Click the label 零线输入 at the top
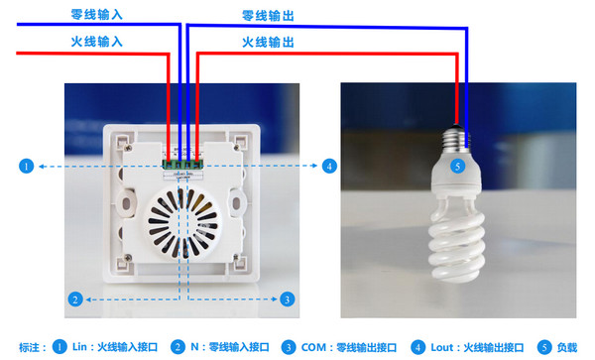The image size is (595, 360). coord(97,15)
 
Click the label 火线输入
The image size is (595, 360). coord(97,41)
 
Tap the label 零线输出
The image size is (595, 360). coord(268,16)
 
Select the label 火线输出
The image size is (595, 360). coord(268,42)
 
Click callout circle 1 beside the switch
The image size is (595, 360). coord(26,167)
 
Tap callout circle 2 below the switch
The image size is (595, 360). coord(75,300)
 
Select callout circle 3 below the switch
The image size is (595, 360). coord(288,300)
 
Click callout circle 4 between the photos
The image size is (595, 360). coord(329,166)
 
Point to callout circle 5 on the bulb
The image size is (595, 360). coord(457,166)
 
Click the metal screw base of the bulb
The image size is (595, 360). coord(456,140)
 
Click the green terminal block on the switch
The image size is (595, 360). coord(182,165)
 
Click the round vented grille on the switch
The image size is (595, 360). coord(182,223)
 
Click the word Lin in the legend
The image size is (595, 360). coord(79,347)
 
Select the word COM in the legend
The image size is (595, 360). coord(313,347)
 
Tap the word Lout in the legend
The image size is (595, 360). coord(442,347)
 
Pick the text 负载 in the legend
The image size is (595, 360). coord(567,347)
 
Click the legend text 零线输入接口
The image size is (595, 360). coord(239,347)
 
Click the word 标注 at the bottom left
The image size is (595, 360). coord(29,347)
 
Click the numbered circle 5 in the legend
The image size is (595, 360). coord(544,347)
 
